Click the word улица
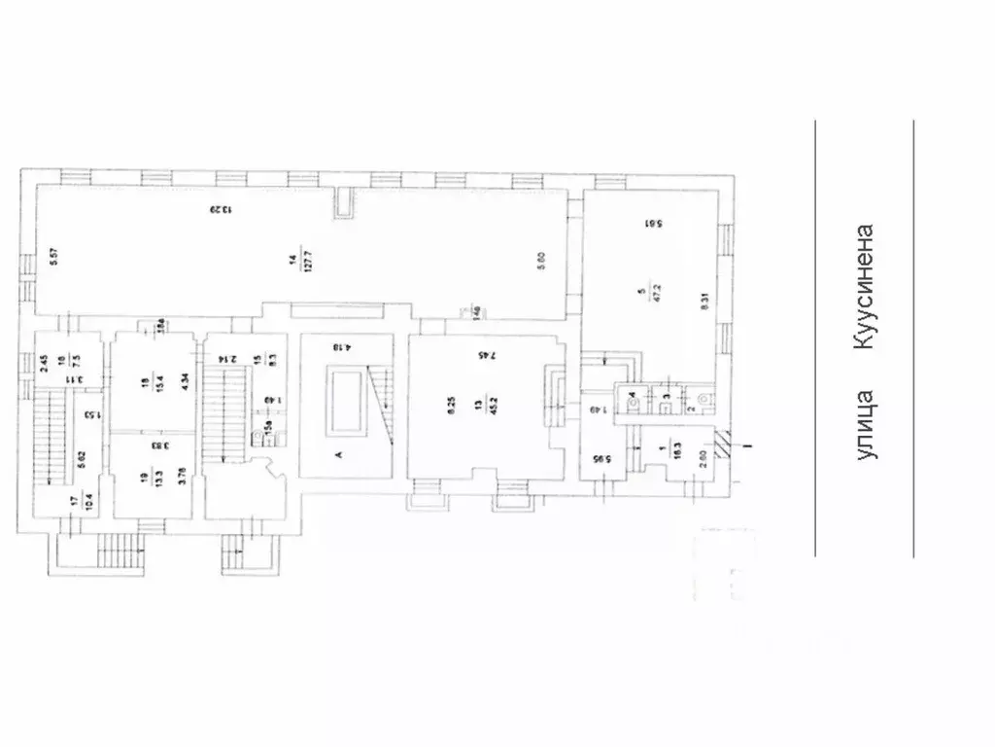[864, 424]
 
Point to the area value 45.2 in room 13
[483, 409]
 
